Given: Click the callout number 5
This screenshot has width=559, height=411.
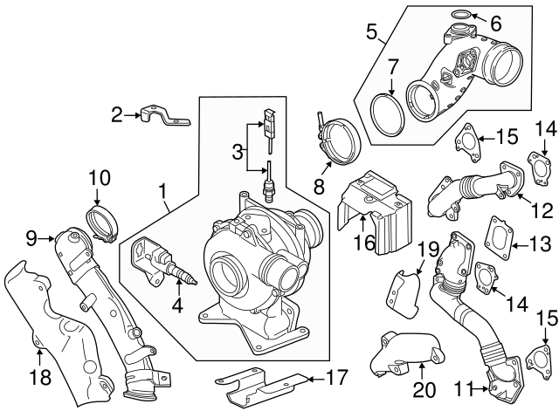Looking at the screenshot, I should click(371, 36).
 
